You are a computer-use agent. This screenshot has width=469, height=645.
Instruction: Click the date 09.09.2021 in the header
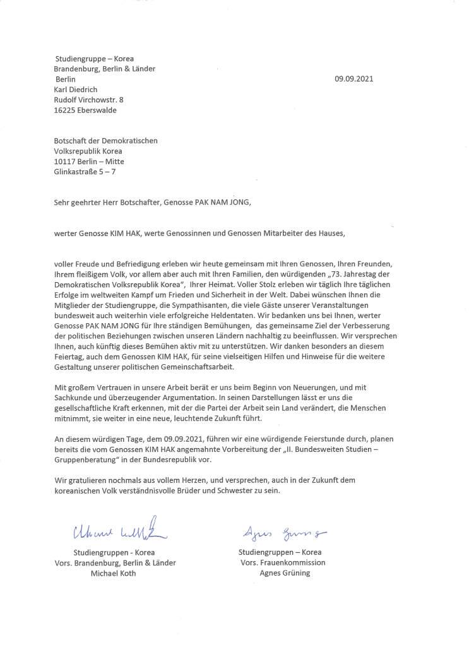[354, 80]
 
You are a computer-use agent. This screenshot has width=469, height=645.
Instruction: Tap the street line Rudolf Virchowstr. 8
[89, 100]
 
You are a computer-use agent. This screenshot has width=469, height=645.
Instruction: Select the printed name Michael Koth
[114, 573]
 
